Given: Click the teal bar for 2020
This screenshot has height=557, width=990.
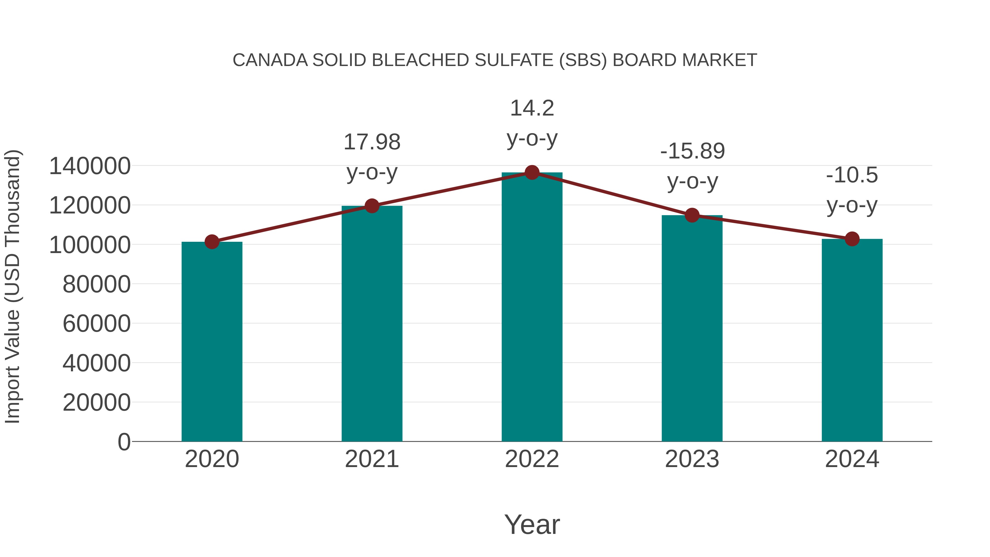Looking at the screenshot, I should point(212,342).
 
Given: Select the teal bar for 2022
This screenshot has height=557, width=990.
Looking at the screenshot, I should point(532,308).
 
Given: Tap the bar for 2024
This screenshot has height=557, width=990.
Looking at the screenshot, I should point(852,340).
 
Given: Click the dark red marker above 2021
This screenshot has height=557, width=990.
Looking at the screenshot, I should point(372,206).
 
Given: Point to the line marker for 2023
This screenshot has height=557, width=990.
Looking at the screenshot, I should point(692,215).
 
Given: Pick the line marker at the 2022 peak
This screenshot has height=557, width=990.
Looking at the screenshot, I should point(532,172).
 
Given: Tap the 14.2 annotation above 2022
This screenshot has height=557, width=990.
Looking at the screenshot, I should point(532,108).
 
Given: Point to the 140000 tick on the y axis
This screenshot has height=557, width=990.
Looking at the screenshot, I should point(90,166).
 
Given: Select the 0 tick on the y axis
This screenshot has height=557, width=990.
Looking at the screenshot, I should point(124,442).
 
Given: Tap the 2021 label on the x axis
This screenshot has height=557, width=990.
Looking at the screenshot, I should point(372,459).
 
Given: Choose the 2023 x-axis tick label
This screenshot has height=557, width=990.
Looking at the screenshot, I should point(692,459).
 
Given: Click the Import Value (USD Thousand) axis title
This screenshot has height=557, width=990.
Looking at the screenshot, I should point(12,286).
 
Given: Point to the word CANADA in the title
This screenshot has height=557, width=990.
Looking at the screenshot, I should point(270,60).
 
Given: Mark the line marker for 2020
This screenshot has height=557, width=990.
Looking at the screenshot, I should point(212,242).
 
